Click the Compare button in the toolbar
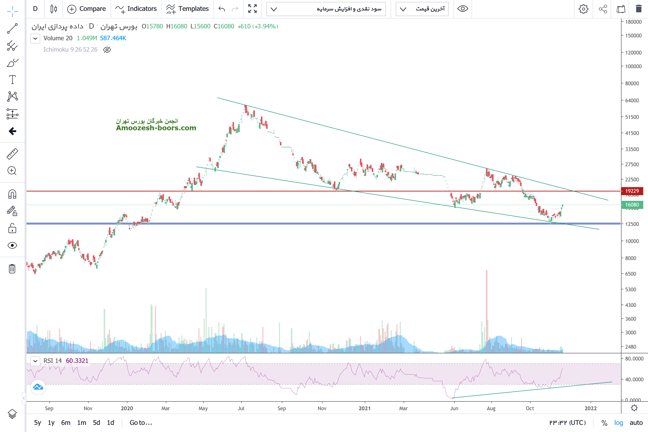point(86,9)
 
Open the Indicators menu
point(136,9)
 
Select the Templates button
point(187,9)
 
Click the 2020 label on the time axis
point(127,408)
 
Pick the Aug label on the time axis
point(491,408)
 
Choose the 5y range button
point(37,423)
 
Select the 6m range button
point(66,423)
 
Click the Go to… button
point(141,423)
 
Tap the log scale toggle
point(619,423)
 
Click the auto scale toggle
point(636,423)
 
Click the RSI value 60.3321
point(77,361)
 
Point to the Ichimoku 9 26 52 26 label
point(70,49)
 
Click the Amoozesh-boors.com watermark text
point(156,128)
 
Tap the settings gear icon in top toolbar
point(583,9)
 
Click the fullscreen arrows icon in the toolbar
point(252,9)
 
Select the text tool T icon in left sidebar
point(12,80)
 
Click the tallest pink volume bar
point(487,311)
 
